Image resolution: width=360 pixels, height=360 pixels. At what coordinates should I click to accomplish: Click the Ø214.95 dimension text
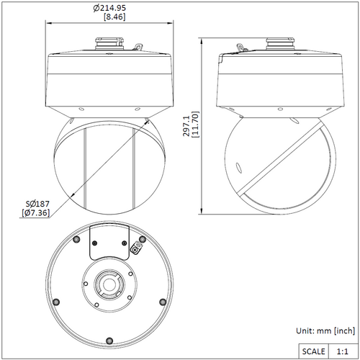click(x=109, y=8)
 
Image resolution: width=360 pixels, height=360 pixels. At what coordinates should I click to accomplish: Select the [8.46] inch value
click(x=114, y=17)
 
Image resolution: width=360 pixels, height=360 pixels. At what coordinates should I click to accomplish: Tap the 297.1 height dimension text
click(x=186, y=126)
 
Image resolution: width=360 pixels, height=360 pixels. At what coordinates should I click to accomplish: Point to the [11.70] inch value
click(x=195, y=125)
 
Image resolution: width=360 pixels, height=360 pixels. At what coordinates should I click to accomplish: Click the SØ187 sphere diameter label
click(x=37, y=204)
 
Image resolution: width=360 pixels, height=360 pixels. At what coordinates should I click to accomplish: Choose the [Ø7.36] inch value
click(x=36, y=213)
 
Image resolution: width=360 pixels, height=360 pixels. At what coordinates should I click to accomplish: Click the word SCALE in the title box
click(x=313, y=351)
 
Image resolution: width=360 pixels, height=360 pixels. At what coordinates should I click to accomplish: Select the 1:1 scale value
click(x=342, y=351)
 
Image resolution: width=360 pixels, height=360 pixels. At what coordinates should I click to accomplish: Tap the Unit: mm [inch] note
click(x=325, y=330)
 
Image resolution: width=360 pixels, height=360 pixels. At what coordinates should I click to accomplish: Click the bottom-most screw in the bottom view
click(x=109, y=341)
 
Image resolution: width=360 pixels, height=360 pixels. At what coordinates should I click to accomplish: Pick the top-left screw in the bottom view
click(x=76, y=239)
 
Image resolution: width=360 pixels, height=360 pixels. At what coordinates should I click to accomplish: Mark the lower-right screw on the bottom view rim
click(x=163, y=302)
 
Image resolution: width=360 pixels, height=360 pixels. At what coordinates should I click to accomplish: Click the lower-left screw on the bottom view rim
click(x=56, y=302)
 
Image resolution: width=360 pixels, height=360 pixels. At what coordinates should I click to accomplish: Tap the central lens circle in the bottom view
click(x=109, y=284)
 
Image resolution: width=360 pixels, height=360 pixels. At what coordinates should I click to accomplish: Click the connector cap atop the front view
click(x=109, y=43)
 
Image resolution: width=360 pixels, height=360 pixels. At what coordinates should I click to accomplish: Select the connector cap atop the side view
click(x=280, y=43)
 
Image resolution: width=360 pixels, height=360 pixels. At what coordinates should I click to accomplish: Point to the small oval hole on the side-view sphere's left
click(x=239, y=168)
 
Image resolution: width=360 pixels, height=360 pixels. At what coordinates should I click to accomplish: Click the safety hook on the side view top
click(x=241, y=48)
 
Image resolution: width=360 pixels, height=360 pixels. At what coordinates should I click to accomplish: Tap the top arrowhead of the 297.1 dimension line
click(x=202, y=42)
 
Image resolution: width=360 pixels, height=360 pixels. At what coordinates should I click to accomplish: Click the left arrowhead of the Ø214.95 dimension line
click(x=49, y=23)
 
